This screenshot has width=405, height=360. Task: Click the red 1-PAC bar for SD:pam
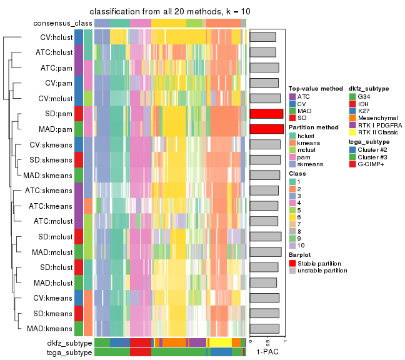point(266,114)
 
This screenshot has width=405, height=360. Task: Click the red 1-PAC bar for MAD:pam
point(266,129)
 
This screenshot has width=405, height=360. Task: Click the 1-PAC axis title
point(267,352)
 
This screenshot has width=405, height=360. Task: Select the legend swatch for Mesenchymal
point(352,117)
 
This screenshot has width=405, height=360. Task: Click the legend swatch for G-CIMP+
point(352,164)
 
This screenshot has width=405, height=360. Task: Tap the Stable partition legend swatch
point(292,263)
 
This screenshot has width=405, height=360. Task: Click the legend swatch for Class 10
point(292,246)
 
